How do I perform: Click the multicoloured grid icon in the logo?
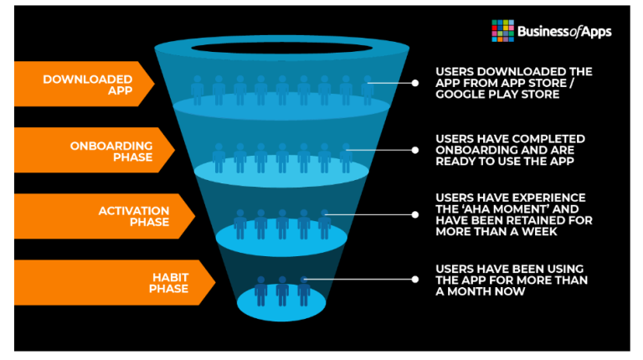click(502, 30)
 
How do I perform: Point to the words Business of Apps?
click(564, 32)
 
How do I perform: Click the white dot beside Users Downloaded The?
click(414, 83)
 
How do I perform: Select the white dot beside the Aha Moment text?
click(414, 214)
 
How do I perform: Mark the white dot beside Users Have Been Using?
click(414, 280)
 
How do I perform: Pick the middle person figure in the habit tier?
click(282, 290)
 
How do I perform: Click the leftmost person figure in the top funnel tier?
click(198, 90)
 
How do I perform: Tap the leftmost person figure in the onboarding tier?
click(219, 157)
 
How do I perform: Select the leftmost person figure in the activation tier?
click(240, 224)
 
